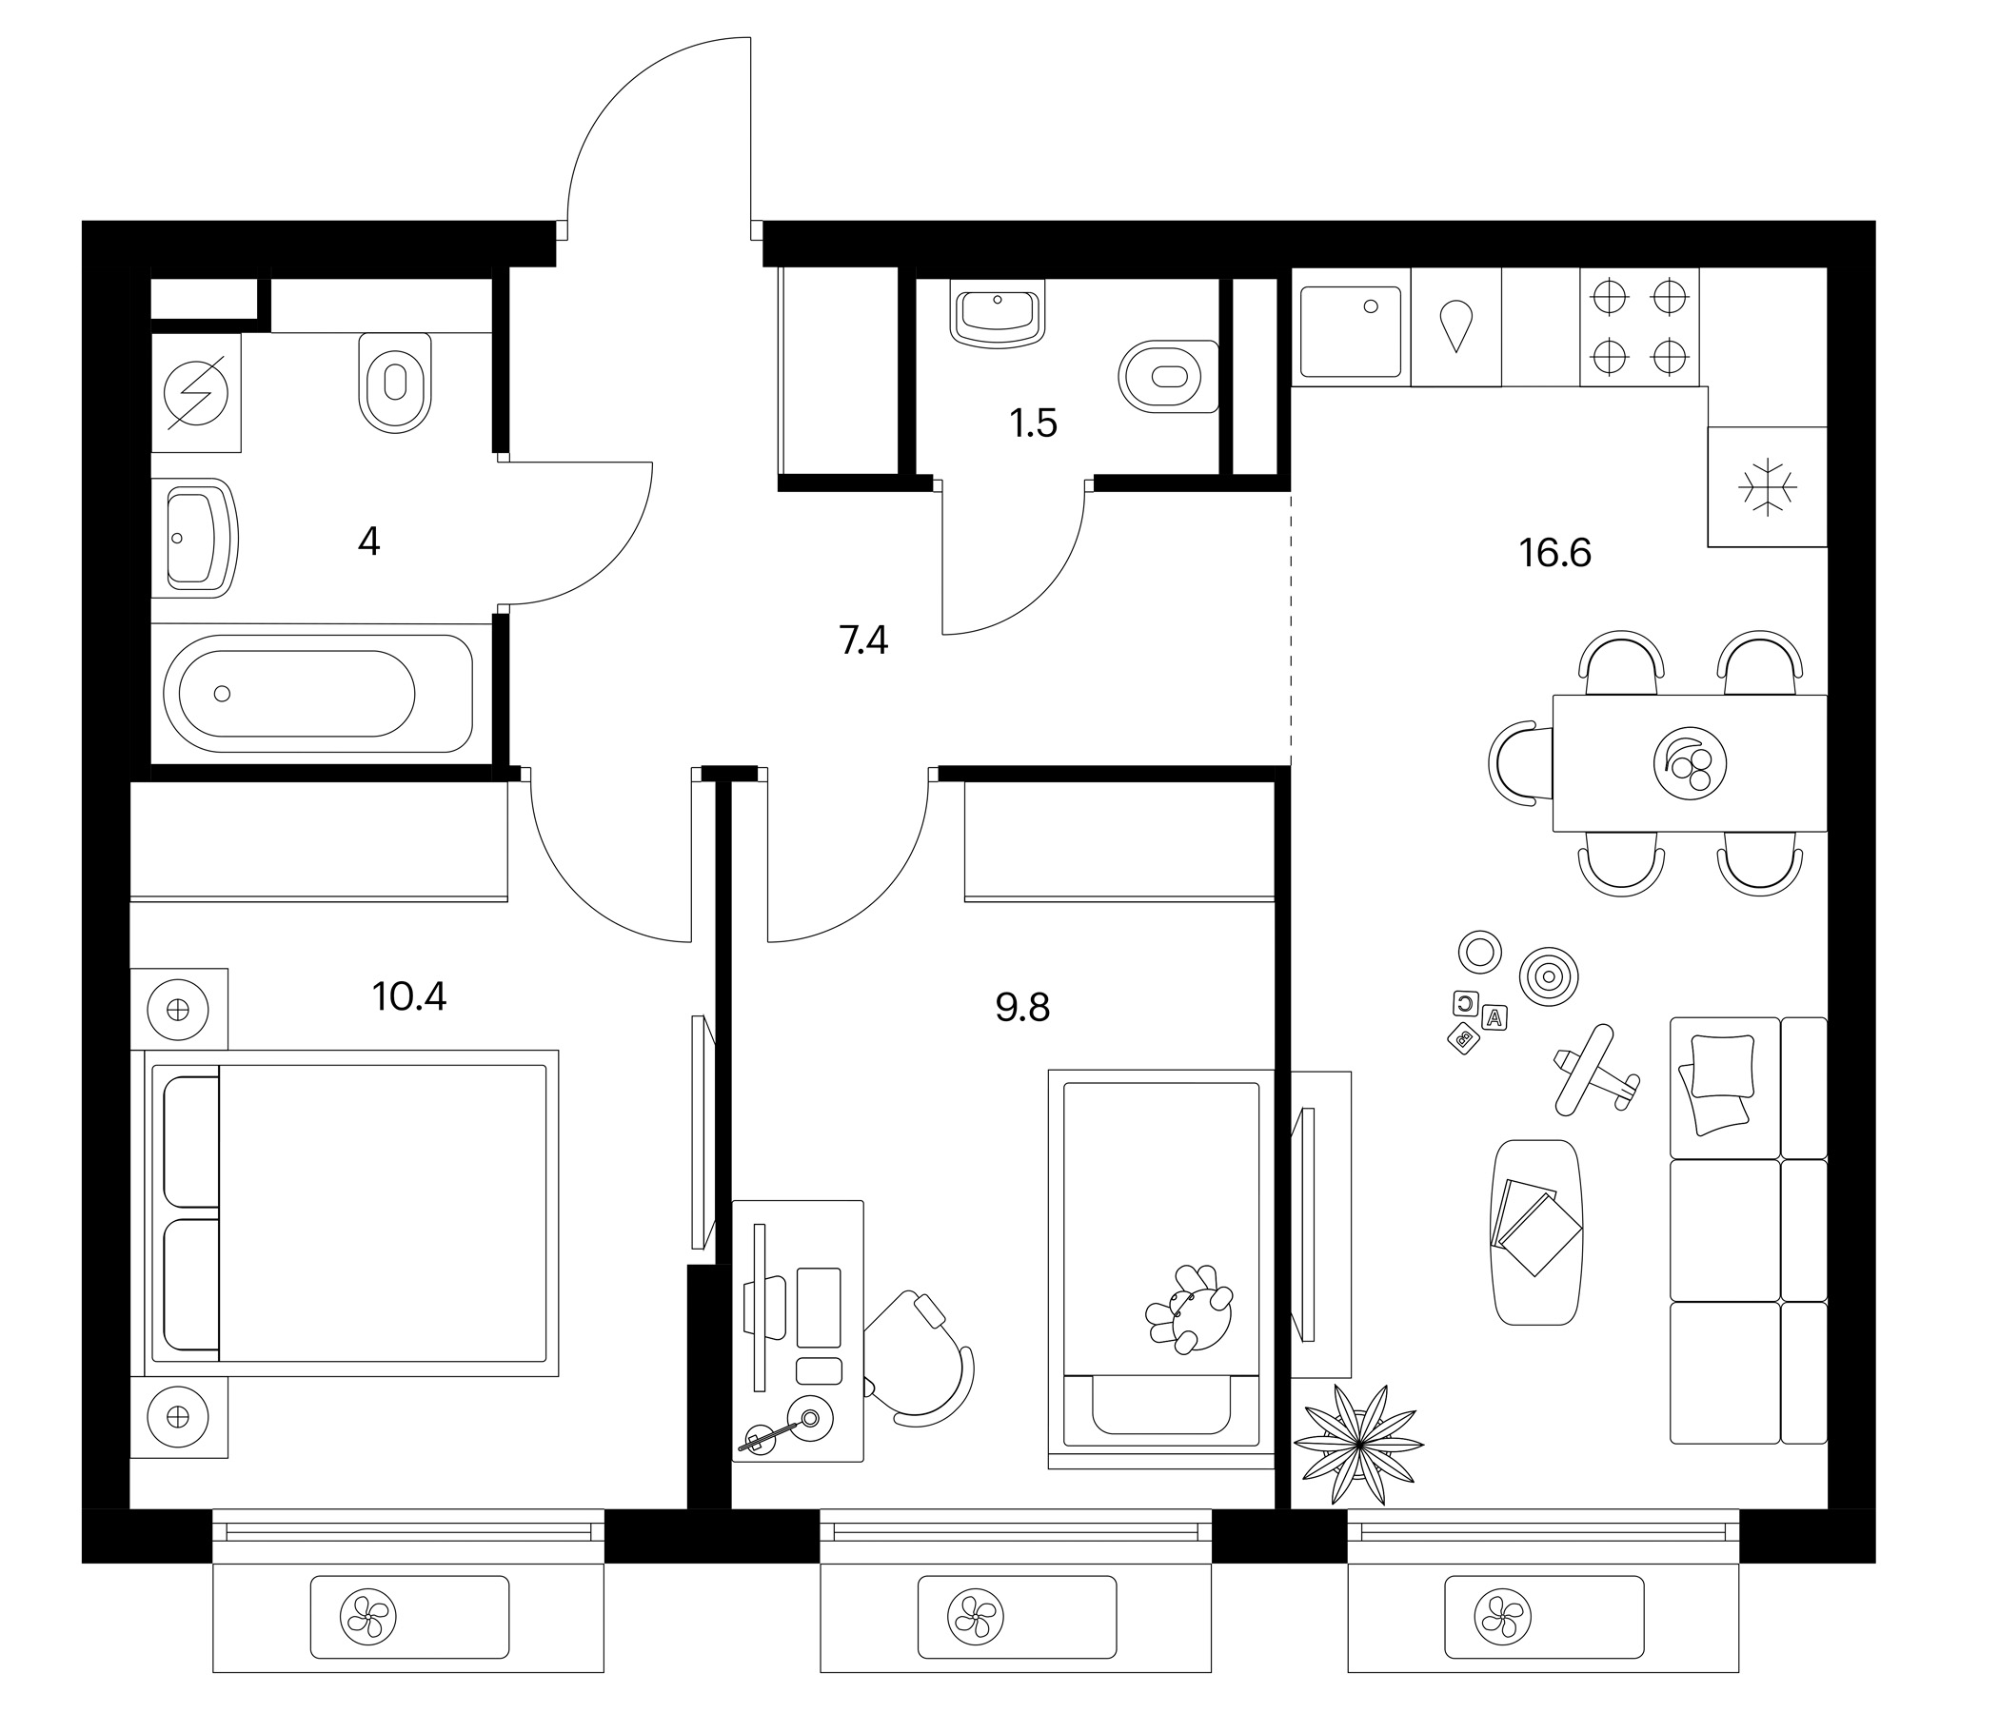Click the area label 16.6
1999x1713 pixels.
[x=1554, y=554]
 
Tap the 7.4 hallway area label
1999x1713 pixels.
[x=863, y=640]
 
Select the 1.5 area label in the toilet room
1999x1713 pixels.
[x=1033, y=423]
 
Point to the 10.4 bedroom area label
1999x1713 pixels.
[x=409, y=996]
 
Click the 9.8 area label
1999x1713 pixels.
[x=1021, y=1008]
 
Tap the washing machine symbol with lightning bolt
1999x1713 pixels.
[x=196, y=392]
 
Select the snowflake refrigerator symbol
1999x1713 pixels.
[x=1768, y=487]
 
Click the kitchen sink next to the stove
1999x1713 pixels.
[x=1351, y=331]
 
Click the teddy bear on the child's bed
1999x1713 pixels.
[x=1189, y=1309]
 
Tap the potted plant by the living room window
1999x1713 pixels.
[x=1358, y=1444]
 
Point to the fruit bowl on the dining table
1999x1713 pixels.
[x=1690, y=762]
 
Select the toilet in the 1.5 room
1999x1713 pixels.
[x=1168, y=376]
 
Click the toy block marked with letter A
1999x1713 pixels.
[x=1494, y=1016]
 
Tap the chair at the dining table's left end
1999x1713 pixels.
[x=1521, y=762]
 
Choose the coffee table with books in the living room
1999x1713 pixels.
[x=1537, y=1231]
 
